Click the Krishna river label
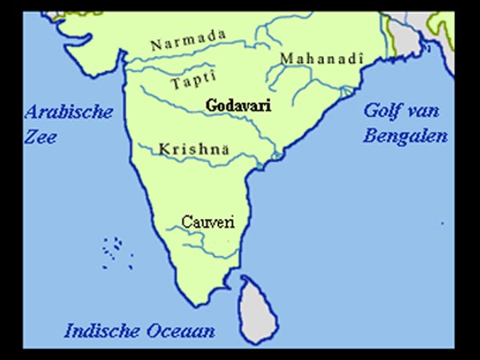click(194, 150)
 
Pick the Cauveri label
click(208, 221)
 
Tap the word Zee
click(40, 136)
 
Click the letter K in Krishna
click(164, 150)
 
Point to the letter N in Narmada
click(156, 45)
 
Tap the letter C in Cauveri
click(186, 221)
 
